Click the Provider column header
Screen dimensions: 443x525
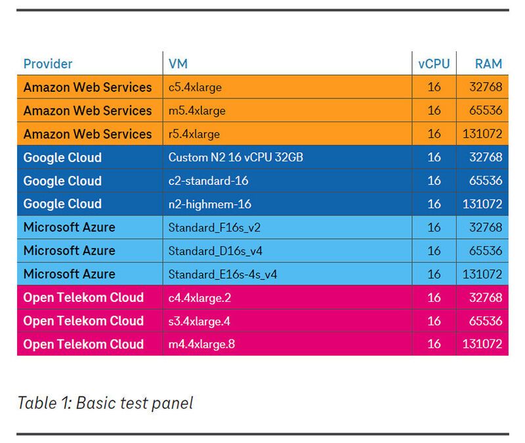[x=48, y=64]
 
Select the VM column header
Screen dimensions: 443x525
[x=178, y=64]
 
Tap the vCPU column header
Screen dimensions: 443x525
[x=434, y=64]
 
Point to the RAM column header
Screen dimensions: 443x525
[x=488, y=64]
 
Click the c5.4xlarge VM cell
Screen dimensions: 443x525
[x=195, y=87]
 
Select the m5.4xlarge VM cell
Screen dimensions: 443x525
[x=197, y=111]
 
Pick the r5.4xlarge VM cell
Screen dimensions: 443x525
[x=194, y=134]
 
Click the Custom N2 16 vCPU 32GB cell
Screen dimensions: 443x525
[x=236, y=158]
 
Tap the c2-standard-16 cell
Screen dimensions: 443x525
[x=209, y=180]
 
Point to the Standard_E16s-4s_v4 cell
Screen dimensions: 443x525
[x=222, y=274]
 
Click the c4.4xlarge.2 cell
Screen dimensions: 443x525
[x=200, y=297]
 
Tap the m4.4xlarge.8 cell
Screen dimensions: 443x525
[x=201, y=344]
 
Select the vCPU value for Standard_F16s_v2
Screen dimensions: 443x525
[x=434, y=228]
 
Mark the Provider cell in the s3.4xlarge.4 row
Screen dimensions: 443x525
[x=83, y=321]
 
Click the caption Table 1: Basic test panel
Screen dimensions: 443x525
[x=105, y=402]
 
